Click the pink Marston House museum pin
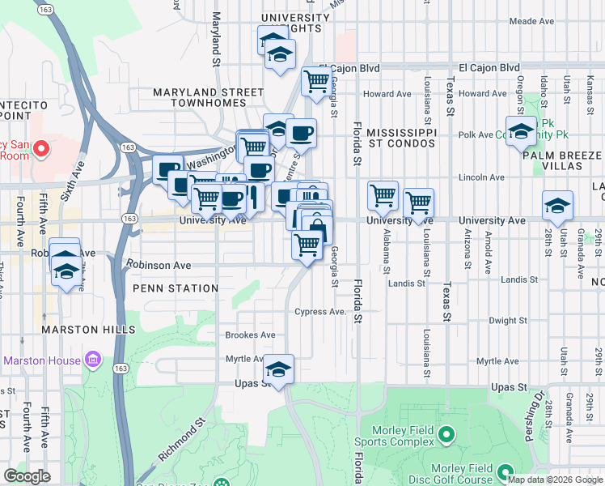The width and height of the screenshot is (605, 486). coord(93,360)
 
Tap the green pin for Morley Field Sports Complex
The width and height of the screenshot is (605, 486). coord(446,437)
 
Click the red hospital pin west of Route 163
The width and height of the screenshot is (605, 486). coord(40,150)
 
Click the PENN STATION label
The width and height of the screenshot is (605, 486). coord(176,288)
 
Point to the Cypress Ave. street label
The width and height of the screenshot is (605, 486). coord(320,312)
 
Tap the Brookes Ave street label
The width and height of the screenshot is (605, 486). coord(250,335)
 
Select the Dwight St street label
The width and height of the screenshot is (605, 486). coord(508,321)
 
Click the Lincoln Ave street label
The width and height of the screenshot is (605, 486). coord(481,177)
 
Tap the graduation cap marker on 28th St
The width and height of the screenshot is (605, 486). coord(558,206)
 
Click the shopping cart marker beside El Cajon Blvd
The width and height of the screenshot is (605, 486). coord(317,80)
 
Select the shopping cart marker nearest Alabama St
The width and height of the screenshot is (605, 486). coord(383,194)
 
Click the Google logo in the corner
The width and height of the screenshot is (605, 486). coord(27,477)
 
